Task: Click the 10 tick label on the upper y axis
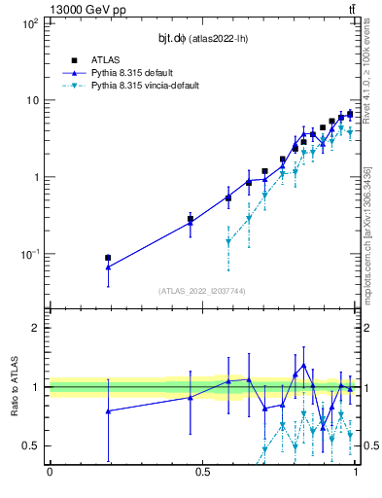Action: [x=30, y=100]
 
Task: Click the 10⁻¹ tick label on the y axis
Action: [x=28, y=254]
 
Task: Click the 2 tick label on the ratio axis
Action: [x=35, y=328]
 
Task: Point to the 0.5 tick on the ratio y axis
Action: [x=31, y=445]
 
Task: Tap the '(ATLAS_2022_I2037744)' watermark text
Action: [x=201, y=291]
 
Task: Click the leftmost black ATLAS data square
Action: [x=108, y=258]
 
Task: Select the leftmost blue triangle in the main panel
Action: [x=108, y=267]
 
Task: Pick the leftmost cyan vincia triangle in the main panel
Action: [x=228, y=241]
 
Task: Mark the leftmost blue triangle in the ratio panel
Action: [x=108, y=410]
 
